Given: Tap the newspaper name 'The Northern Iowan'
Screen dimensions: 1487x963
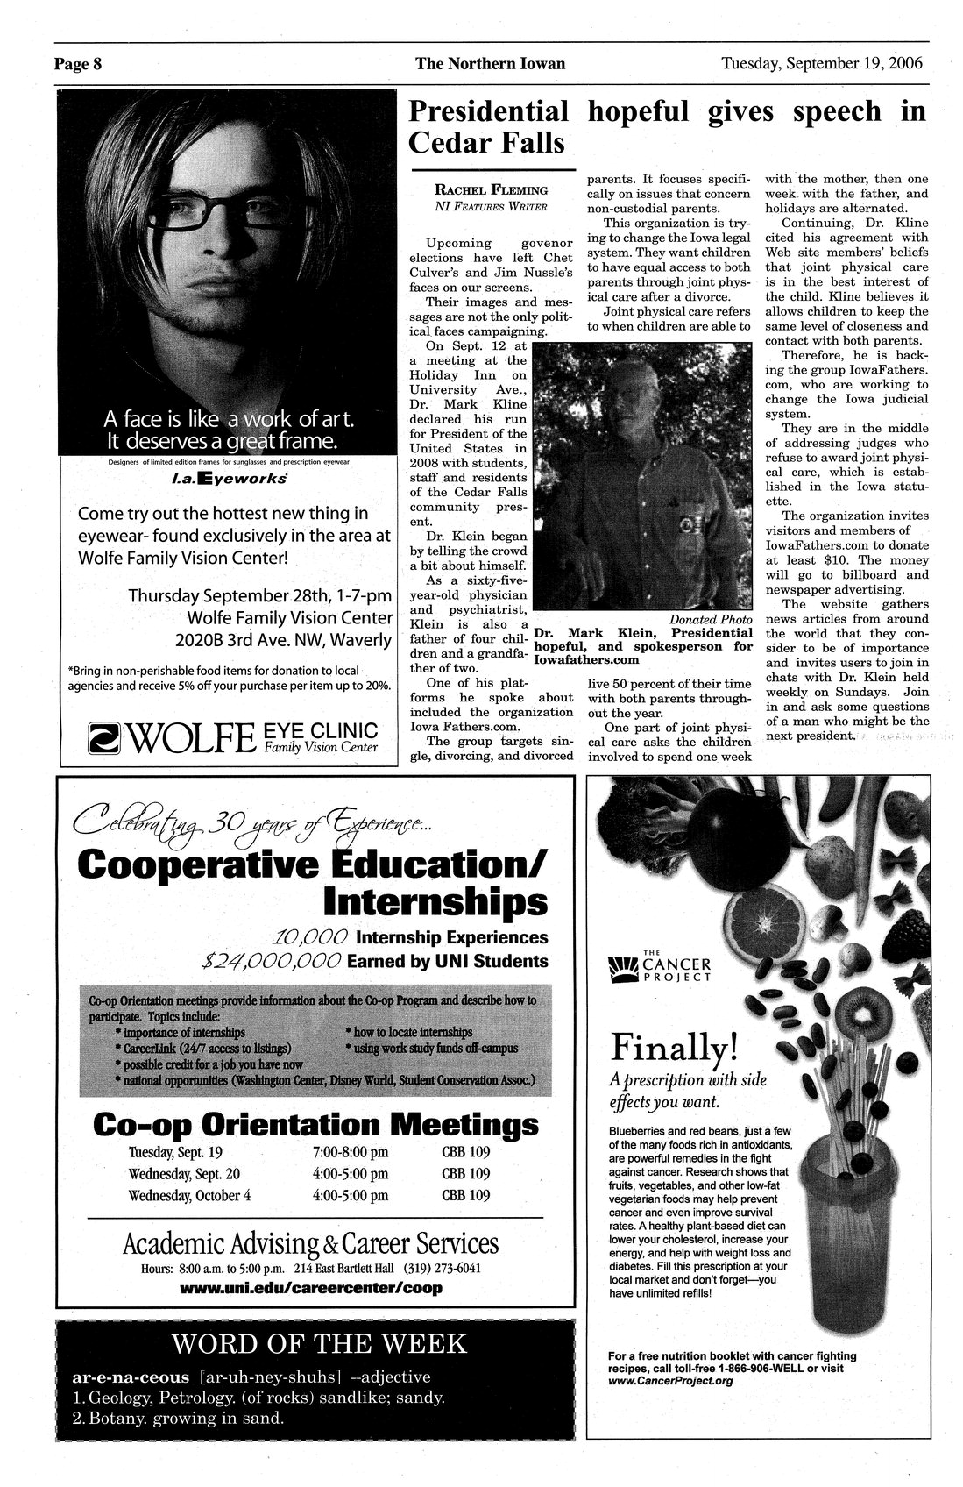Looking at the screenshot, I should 490,64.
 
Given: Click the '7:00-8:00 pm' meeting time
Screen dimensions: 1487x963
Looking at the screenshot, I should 350,1152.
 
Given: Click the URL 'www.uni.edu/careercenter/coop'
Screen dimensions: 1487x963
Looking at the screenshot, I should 310,1288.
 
